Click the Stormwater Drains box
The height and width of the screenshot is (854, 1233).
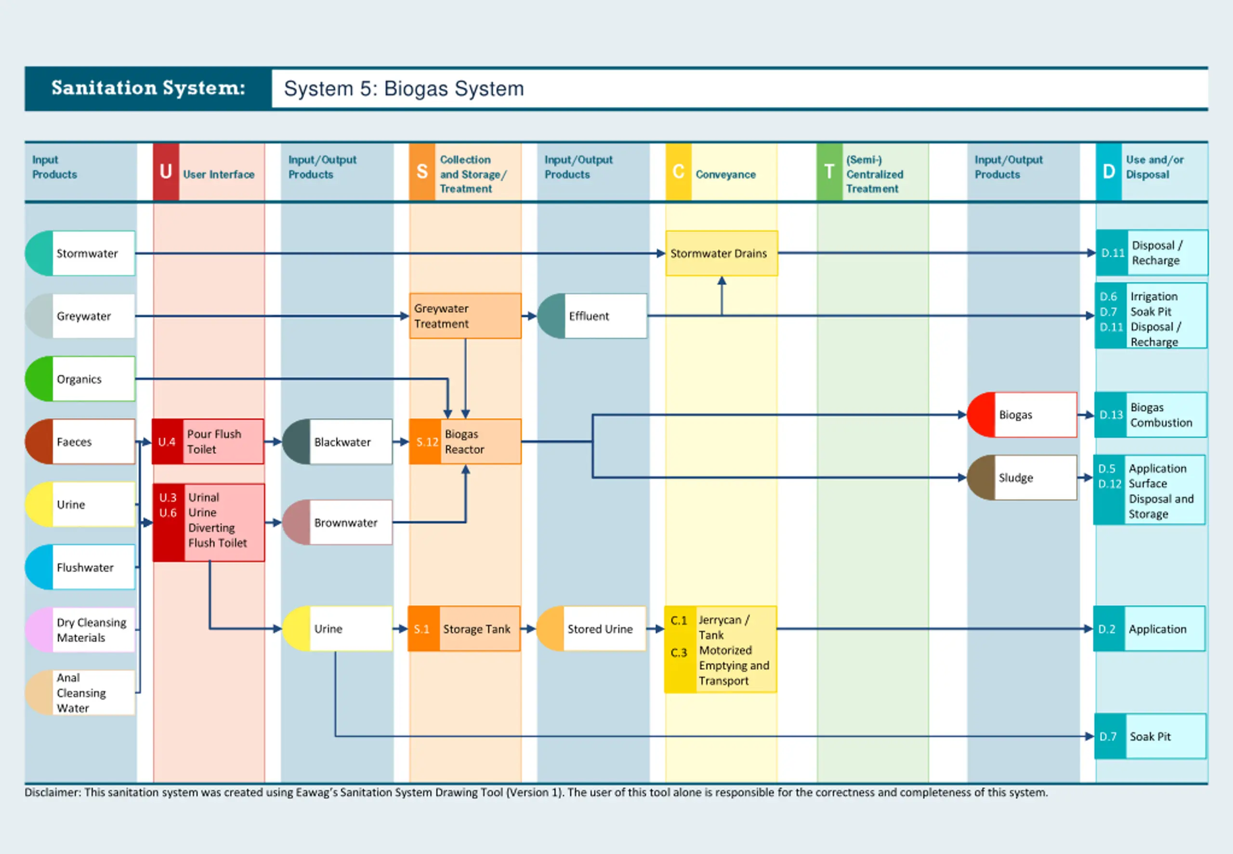721,253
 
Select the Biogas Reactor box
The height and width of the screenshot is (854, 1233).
465,441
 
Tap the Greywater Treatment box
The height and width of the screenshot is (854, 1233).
465,316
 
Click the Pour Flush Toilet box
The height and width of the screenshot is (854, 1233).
208,441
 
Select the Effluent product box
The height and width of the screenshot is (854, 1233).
592,316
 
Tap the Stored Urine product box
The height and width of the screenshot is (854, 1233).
591,629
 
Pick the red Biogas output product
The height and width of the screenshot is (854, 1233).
1022,414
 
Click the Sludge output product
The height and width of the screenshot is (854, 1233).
1022,477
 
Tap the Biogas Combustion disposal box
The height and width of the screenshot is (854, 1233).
1151,414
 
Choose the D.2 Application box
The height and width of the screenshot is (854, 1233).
1150,629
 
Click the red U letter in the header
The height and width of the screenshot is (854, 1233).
166,172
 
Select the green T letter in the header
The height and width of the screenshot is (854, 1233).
829,172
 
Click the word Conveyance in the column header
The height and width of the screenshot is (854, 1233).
725,174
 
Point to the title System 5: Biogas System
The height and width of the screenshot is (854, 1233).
404,88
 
